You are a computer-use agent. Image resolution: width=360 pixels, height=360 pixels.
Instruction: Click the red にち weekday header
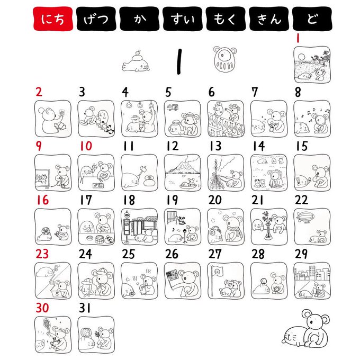[x=53, y=19]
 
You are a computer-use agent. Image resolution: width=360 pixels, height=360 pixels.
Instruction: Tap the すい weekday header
[x=183, y=19]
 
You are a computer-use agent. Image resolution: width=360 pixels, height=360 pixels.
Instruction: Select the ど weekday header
[x=312, y=19]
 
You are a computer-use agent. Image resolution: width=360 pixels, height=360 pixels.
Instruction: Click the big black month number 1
[x=179, y=61]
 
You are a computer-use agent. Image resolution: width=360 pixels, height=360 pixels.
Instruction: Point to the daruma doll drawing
[x=224, y=59]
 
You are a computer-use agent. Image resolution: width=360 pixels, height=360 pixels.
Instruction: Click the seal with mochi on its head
[x=136, y=61]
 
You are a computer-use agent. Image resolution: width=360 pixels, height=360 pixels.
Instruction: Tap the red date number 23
[x=42, y=254]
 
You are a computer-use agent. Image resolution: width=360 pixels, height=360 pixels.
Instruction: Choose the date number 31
[x=85, y=308]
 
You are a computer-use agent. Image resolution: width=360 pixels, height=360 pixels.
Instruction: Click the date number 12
[x=172, y=146]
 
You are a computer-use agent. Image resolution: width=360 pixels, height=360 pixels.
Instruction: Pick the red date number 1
[x=298, y=38]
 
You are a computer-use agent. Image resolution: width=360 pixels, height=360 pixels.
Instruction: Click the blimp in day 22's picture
[x=305, y=217]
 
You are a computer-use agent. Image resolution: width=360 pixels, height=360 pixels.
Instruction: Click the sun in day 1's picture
[x=301, y=57]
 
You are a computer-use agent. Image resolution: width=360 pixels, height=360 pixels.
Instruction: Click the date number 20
[x=215, y=200]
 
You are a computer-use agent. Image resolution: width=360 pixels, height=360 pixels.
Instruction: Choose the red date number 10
[x=86, y=146]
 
